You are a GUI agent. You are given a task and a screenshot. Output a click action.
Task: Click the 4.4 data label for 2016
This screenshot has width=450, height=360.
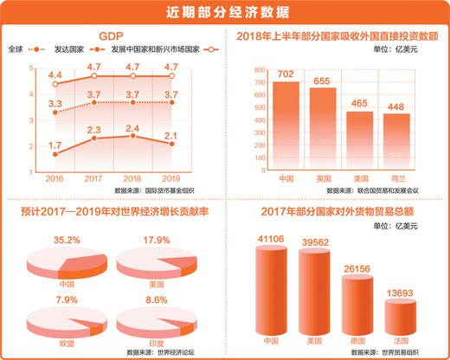(55, 76)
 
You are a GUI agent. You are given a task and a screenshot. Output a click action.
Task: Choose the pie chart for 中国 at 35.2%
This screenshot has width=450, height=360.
(59, 262)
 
